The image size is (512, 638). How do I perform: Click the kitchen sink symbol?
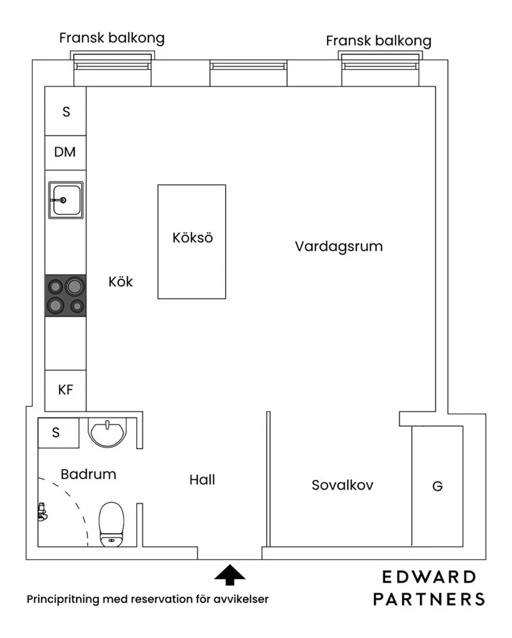pyautogui.click(x=66, y=200)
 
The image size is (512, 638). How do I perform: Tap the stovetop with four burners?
pyautogui.click(x=66, y=296)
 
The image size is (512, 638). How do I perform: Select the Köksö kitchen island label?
pyautogui.click(x=192, y=238)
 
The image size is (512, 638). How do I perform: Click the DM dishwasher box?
pyautogui.click(x=65, y=152)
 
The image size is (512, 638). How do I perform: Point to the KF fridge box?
pyautogui.click(x=66, y=390)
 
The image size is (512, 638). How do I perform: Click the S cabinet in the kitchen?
pyautogui.click(x=66, y=111)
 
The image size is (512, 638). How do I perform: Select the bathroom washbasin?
pyautogui.click(x=107, y=432)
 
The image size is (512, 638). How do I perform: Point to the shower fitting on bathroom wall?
pyautogui.click(x=42, y=512)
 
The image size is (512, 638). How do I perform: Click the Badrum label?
pyautogui.click(x=88, y=474)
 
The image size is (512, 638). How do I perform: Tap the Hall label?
pyautogui.click(x=202, y=480)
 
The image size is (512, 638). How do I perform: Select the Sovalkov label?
pyautogui.click(x=342, y=485)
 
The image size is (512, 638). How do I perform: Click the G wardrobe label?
pyautogui.click(x=437, y=486)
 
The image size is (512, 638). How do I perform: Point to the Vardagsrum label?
pyautogui.click(x=338, y=246)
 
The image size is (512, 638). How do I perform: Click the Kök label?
pyautogui.click(x=120, y=282)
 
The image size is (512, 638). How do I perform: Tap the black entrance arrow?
pyautogui.click(x=229, y=575)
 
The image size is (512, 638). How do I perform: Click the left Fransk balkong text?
pyautogui.click(x=112, y=38)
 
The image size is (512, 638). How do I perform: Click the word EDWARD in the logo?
pyautogui.click(x=429, y=577)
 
